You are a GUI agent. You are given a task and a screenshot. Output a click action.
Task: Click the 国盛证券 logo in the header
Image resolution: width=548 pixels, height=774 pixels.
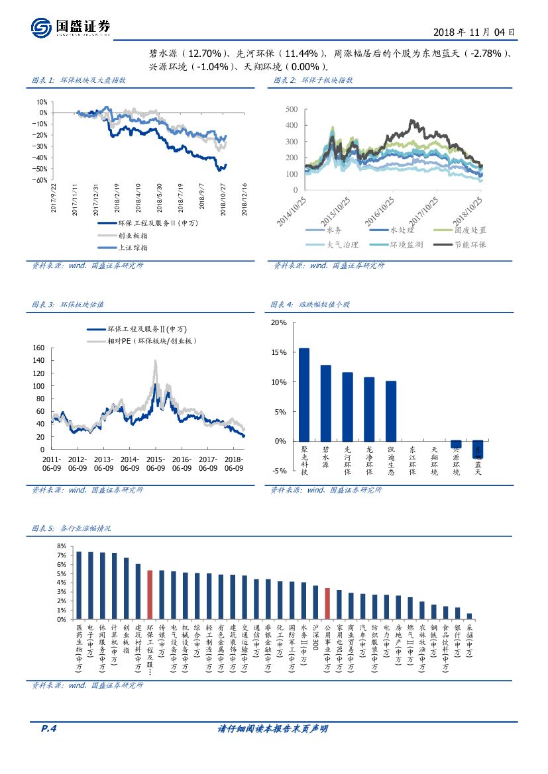click(x=70, y=26)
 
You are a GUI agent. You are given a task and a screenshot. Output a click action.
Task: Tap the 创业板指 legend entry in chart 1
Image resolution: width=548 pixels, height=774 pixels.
click(x=133, y=235)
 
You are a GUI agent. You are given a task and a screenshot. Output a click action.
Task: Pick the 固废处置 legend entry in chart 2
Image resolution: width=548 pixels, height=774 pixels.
click(x=470, y=230)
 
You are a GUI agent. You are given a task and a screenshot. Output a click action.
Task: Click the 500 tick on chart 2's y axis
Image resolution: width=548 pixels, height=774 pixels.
click(x=291, y=109)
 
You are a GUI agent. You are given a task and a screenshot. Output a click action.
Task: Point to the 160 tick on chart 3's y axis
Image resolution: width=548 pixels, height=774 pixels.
click(x=38, y=348)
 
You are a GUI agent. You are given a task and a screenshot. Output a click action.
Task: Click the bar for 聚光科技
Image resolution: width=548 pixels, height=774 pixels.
click(x=304, y=395)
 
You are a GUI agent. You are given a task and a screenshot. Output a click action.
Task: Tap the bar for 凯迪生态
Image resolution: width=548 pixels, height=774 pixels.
click(x=391, y=411)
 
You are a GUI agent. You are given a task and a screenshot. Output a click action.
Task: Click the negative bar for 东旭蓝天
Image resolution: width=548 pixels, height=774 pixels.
click(x=477, y=450)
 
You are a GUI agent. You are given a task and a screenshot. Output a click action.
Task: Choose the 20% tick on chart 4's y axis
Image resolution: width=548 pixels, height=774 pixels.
click(x=279, y=322)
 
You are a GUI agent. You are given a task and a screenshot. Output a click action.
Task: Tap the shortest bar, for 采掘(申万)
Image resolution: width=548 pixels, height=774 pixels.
click(x=469, y=616)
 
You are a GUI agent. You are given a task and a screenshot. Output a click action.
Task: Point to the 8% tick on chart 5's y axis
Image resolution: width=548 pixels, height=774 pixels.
click(x=62, y=546)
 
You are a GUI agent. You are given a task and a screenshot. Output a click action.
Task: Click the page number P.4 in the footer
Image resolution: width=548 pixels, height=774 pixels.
click(x=49, y=729)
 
